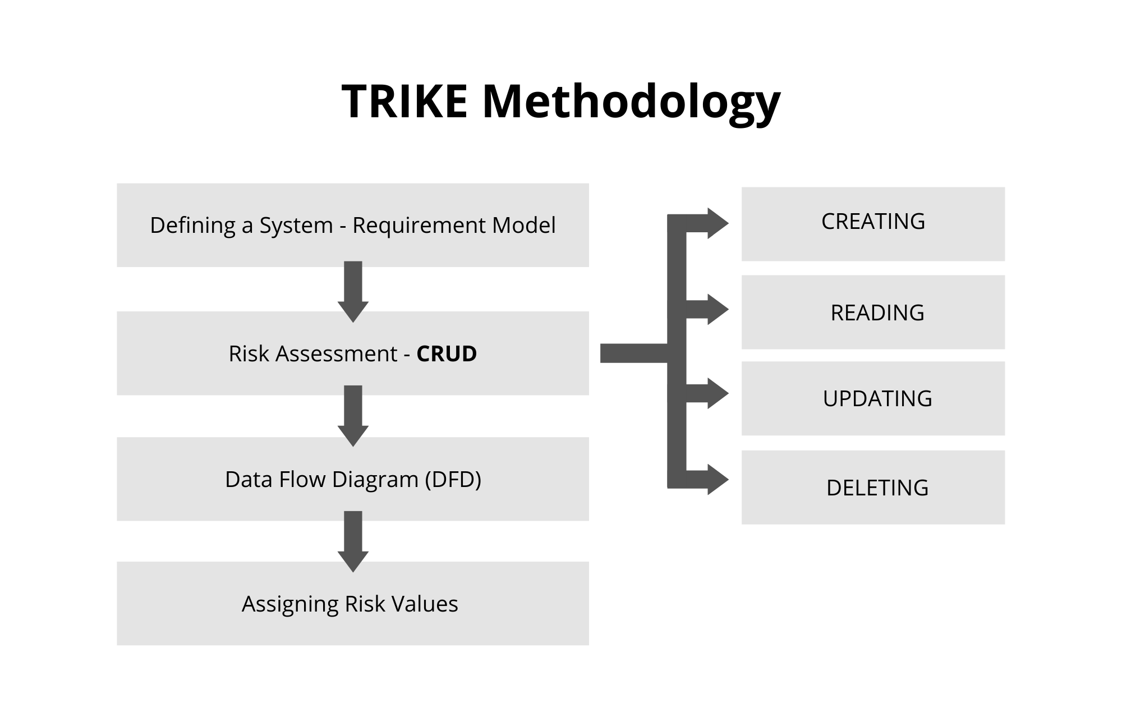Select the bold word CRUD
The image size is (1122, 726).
pyautogui.click(x=447, y=354)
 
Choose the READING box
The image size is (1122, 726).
pyautogui.click(x=873, y=312)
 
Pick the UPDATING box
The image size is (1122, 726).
pyautogui.click(x=873, y=398)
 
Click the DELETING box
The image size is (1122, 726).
pyautogui.click(x=873, y=487)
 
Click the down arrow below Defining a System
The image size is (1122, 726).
pyautogui.click(x=353, y=292)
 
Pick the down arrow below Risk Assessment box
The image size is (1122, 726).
pyautogui.click(x=353, y=416)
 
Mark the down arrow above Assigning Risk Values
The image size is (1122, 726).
pyautogui.click(x=353, y=541)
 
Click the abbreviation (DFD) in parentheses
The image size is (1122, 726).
pyautogui.click(x=453, y=480)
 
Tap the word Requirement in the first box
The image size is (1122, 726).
pyautogui.click(x=419, y=226)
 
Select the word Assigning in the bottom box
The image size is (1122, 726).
pyautogui.click(x=289, y=604)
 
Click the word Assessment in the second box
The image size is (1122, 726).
pyautogui.click(x=336, y=354)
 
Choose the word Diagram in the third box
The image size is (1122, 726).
pyautogui.click(x=375, y=480)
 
